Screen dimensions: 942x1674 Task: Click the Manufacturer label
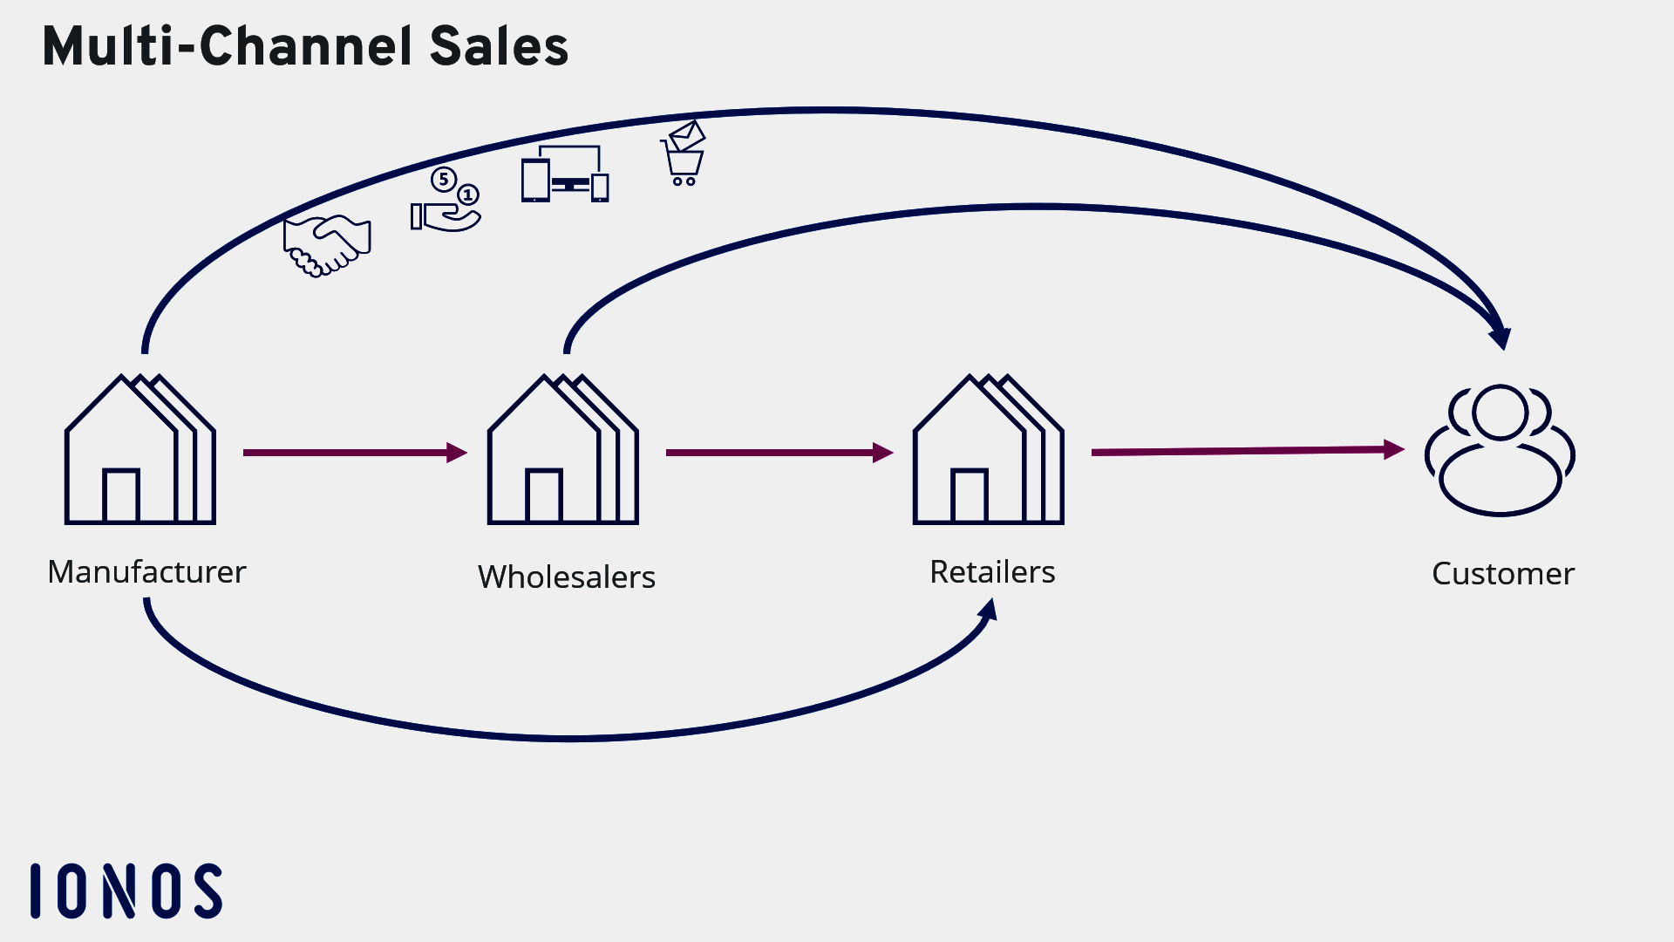pyautogui.click(x=146, y=572)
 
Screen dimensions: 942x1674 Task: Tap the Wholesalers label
pyautogui.click(x=566, y=577)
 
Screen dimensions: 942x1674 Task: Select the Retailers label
pyautogui.click(x=992, y=572)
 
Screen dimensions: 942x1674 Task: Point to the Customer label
pyautogui.click(x=1502, y=574)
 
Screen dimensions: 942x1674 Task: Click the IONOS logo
pyautogui.click(x=126, y=891)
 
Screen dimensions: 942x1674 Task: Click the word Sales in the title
pyautogui.click(x=499, y=46)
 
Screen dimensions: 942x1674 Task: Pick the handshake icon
pyautogui.click(x=327, y=245)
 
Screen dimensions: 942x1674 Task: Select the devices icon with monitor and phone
pyautogui.click(x=565, y=174)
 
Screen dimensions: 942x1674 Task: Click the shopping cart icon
pyautogui.click(x=684, y=154)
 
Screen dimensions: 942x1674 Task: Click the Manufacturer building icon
pyautogui.click(x=139, y=450)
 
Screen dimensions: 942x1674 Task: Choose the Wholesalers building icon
pyautogui.click(x=562, y=450)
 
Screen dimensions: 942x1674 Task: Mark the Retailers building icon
pyautogui.click(x=988, y=450)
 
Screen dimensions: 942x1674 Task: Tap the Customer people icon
pyautogui.click(x=1500, y=450)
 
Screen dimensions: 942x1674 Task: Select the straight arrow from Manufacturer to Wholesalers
pyautogui.click(x=354, y=453)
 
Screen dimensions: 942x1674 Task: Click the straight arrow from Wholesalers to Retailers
pyautogui.click(x=779, y=453)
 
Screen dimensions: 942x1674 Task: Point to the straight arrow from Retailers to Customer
pyautogui.click(x=1247, y=451)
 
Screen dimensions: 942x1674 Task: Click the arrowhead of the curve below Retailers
pyautogui.click(x=989, y=609)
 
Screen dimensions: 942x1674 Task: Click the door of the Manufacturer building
pyautogui.click(x=120, y=495)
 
